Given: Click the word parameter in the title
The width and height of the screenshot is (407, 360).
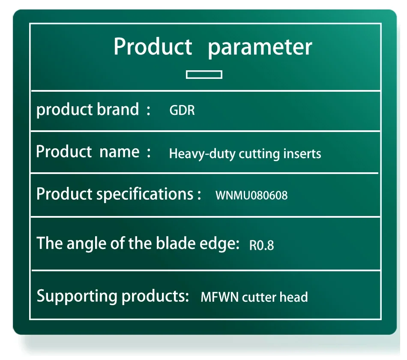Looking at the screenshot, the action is point(260,48).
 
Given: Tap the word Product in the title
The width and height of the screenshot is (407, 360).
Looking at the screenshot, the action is point(153,46).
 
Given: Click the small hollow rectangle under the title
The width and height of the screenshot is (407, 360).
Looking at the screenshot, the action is point(204,75).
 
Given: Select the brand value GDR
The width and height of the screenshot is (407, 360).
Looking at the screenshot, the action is point(182,110).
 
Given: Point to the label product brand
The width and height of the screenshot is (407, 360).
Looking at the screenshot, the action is point(88,110).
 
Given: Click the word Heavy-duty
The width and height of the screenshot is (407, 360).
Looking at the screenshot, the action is point(202,154).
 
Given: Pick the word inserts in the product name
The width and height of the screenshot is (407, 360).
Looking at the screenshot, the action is point(302,153).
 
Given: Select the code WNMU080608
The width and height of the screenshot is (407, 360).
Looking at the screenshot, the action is point(251,195).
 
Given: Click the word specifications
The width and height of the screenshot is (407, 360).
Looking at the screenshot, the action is point(145,194).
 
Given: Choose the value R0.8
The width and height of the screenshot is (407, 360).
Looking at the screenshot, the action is point(261,245).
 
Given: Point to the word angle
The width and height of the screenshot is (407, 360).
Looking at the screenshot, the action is point(87,244).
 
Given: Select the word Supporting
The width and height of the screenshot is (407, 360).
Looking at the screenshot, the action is point(77,297).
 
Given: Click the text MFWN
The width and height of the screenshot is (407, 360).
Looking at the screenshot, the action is point(220,297).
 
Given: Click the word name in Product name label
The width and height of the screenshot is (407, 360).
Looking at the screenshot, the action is point(120,152).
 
